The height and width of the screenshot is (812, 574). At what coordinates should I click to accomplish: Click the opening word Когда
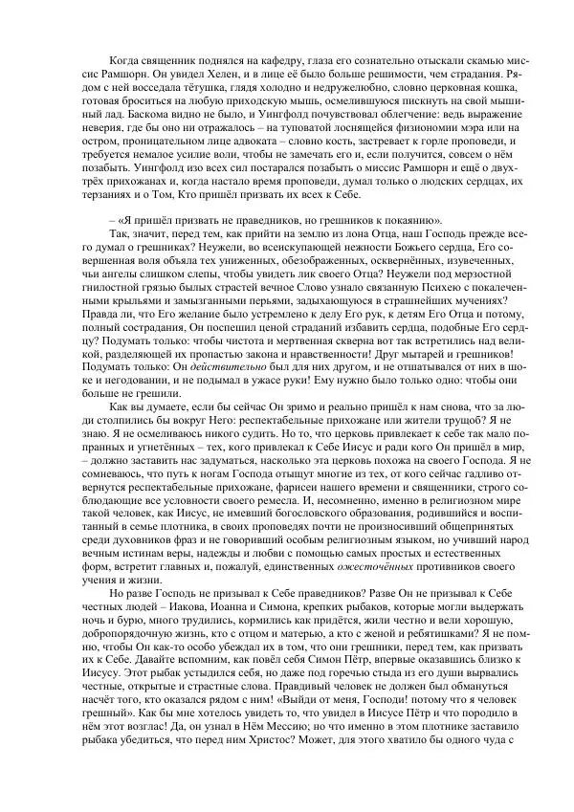[x=124, y=60]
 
